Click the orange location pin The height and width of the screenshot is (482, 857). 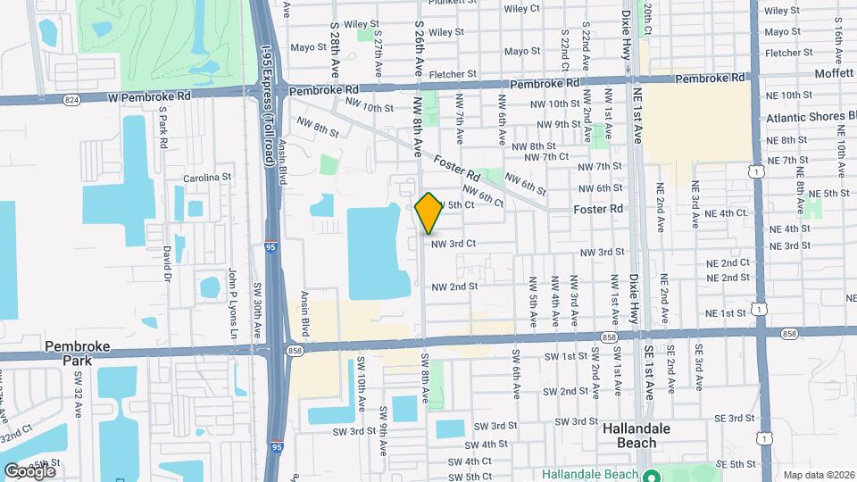coord(428,212)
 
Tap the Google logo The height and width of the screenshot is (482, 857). coord(29,470)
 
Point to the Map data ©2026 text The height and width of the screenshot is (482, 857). coord(819,475)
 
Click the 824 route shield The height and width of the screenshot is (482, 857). coord(71,101)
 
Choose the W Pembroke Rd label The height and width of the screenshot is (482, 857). coord(150,95)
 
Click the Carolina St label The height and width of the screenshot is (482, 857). coord(207,178)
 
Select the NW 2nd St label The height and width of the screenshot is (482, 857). coord(455,287)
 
